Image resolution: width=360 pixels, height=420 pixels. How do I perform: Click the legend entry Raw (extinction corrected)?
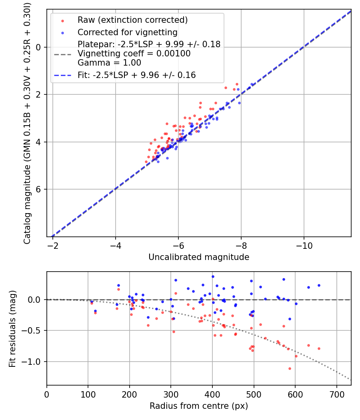click(132, 20)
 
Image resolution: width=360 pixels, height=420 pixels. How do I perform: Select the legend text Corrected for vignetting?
click(128, 32)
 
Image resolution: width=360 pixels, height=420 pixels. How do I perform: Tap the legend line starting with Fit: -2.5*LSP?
click(137, 75)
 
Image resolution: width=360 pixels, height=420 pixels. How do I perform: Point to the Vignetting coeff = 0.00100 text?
click(134, 54)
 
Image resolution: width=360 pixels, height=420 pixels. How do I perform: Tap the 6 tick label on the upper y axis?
click(39, 189)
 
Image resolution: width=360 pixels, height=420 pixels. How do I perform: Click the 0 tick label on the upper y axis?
click(39, 47)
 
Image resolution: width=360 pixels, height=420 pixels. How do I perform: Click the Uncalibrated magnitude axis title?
click(199, 257)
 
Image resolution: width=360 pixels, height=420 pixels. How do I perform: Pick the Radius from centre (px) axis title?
click(199, 406)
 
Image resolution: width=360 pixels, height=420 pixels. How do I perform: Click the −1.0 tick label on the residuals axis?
click(33, 362)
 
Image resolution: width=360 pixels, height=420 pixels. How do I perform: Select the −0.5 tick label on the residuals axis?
click(33, 330)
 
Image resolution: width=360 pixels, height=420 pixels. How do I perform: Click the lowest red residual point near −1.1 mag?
click(290, 368)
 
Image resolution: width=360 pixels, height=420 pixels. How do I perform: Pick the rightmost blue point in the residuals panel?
click(319, 285)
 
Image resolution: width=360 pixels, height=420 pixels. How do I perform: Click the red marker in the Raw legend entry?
click(62, 20)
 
